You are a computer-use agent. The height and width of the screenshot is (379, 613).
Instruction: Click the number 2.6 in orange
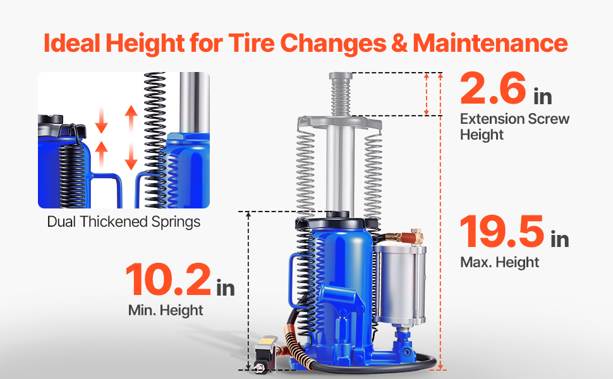point(493,88)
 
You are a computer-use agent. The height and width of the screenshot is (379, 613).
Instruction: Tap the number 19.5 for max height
point(502,232)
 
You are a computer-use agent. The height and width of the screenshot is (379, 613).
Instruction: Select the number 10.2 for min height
point(169,279)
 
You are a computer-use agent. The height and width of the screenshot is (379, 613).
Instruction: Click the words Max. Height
point(500,262)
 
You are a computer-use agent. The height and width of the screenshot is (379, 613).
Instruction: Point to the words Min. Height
point(166,310)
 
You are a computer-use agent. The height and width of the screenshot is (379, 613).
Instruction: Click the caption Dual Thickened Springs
point(123,222)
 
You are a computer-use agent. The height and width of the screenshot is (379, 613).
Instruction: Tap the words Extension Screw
point(515,119)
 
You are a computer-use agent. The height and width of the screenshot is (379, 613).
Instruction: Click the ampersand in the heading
point(399,43)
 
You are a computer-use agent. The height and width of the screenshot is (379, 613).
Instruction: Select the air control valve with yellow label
point(265,354)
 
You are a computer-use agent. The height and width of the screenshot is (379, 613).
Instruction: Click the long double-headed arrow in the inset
point(131,138)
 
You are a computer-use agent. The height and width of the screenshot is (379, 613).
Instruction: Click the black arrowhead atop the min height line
point(248,215)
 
